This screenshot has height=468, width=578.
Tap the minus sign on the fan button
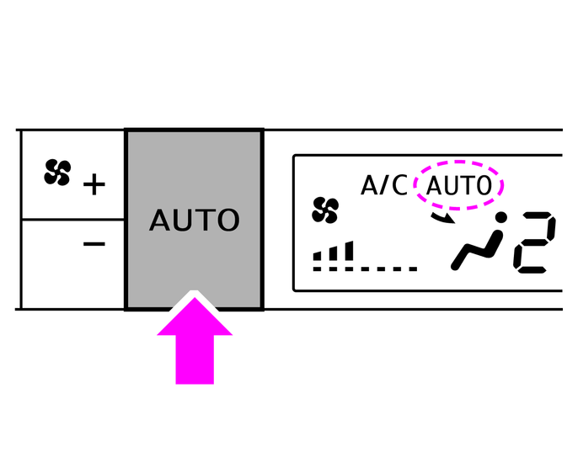[94, 244]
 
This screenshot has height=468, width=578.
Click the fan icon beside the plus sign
[57, 173]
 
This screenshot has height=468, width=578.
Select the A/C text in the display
[385, 185]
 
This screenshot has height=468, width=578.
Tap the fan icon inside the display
[324, 210]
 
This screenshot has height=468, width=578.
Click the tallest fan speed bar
[349, 251]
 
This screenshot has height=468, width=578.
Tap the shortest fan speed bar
[318, 257]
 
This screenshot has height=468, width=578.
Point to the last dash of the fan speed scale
[412, 270]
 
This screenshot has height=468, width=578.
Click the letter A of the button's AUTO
[160, 221]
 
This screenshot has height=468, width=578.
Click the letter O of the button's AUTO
[227, 221]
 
